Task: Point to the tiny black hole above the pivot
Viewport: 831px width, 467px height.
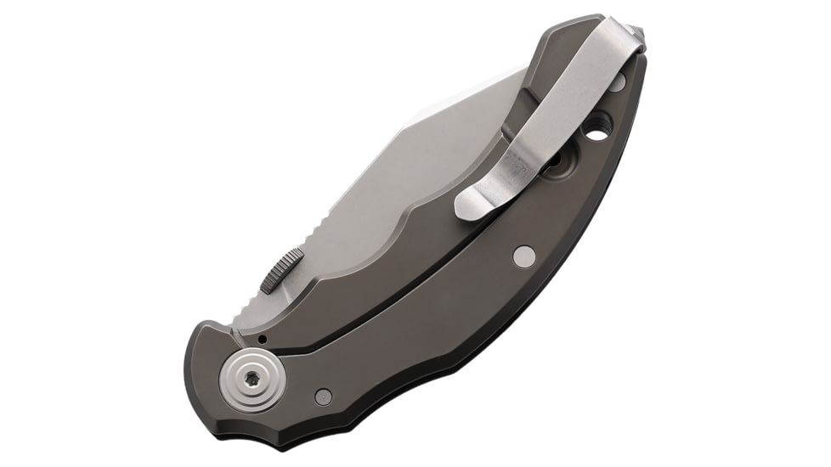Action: pos(263,340)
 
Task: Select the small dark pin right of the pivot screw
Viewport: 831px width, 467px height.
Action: pos(323,396)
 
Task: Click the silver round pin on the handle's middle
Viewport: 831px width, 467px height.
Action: pos(524,256)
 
